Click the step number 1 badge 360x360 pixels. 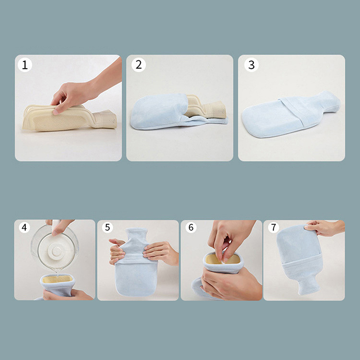(25, 65)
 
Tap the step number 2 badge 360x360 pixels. (139, 65)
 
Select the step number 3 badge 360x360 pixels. (252, 65)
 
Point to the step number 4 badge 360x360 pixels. (24, 227)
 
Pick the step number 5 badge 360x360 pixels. (108, 228)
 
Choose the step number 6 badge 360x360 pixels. (191, 228)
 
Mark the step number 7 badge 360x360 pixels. (274, 227)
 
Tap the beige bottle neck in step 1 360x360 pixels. (105, 119)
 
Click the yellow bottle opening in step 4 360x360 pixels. (58, 279)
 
